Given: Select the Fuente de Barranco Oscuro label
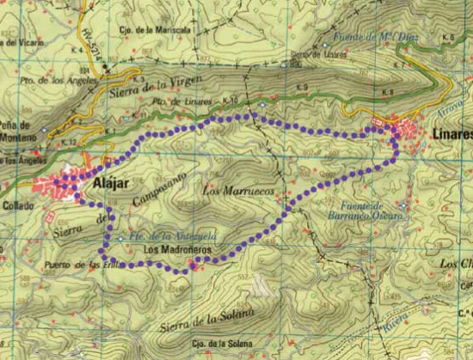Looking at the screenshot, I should coord(365,211).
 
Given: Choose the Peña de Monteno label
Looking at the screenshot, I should coord(16,131).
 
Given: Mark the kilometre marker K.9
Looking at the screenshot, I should coord(302,88).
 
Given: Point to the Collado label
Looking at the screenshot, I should coord(18,205).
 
